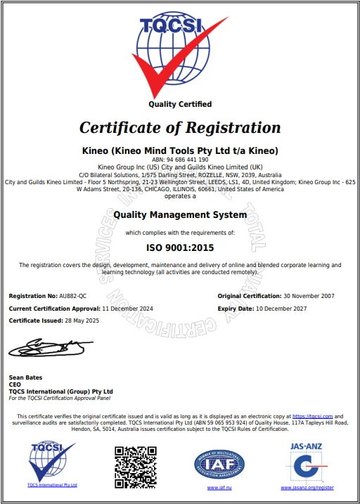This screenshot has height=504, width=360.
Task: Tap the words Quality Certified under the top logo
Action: [x=179, y=104]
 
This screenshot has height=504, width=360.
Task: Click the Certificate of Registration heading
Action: [x=180, y=128]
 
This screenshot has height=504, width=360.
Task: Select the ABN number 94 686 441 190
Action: [x=180, y=160]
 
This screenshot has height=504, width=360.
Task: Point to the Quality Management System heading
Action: [x=180, y=214]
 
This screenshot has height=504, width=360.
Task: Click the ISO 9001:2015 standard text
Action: [x=180, y=247]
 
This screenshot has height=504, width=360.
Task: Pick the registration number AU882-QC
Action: [x=73, y=297]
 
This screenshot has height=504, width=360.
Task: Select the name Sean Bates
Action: [x=25, y=377]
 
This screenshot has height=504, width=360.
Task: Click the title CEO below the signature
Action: [x=15, y=384]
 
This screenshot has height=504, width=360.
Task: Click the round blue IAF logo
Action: [x=219, y=463]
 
